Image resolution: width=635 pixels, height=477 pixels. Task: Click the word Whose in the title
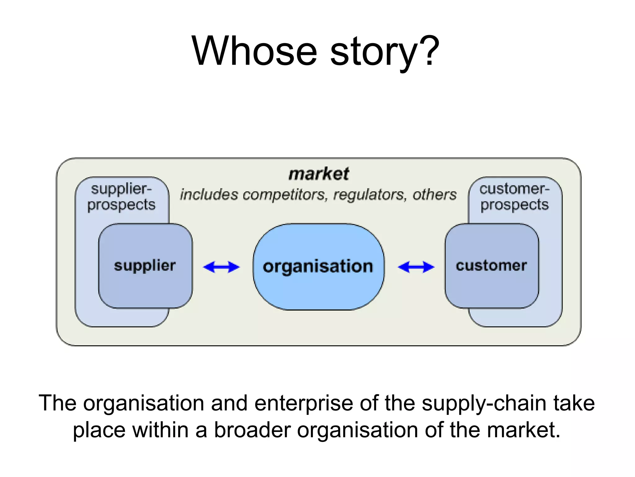254,51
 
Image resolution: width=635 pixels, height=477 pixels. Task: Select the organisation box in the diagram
318,266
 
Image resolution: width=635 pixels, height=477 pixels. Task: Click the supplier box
145,266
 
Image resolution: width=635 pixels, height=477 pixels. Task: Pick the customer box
491,266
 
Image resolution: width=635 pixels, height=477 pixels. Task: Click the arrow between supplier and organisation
221,267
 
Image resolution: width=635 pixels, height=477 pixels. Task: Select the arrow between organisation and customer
416,267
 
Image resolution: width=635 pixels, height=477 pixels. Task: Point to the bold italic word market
319,174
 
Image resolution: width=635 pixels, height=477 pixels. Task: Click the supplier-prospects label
121,197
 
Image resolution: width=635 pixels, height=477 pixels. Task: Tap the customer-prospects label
515,197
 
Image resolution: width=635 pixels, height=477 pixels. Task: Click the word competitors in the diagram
285,195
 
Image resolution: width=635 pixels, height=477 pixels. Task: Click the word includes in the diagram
209,195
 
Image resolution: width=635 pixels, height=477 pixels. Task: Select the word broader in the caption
252,430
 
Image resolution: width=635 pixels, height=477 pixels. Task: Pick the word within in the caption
160,430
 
